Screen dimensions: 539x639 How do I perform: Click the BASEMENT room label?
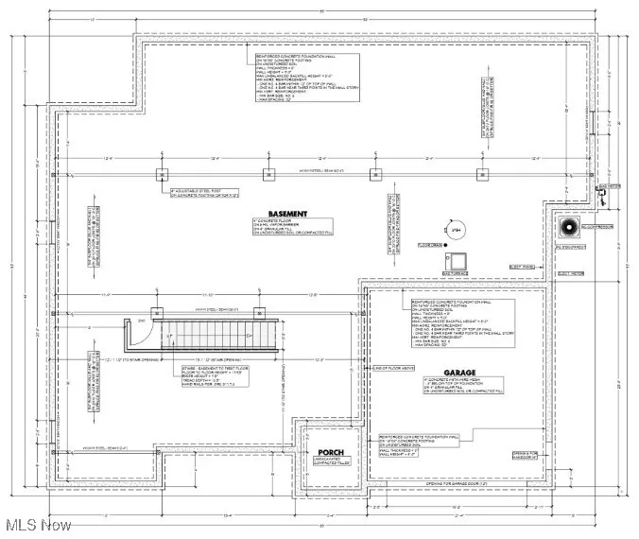pyautogui.click(x=287, y=214)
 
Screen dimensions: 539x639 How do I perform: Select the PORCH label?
pyautogui.click(x=330, y=452)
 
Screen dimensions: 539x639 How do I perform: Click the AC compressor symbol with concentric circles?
pyautogui.click(x=569, y=230)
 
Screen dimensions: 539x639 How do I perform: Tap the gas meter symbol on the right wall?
pyautogui.click(x=599, y=195)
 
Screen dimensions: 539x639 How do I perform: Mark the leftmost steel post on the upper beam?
pyautogui.click(x=162, y=173)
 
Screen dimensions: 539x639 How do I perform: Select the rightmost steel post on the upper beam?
pyautogui.click(x=483, y=173)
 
